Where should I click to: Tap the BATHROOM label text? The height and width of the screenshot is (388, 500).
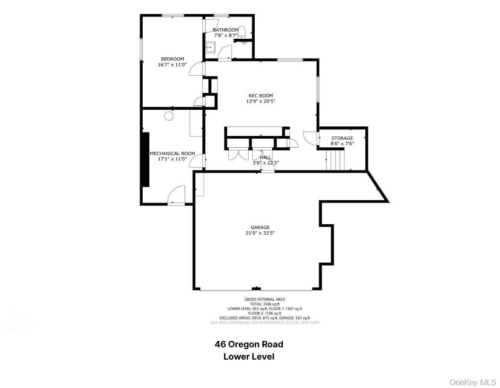(x=225, y=30)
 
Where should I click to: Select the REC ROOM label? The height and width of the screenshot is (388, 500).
(x=260, y=96)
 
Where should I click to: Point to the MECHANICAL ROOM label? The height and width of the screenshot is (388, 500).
(x=172, y=153)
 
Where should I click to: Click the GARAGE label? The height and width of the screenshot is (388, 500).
(x=260, y=227)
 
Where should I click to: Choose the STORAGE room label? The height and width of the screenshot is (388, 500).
(x=342, y=138)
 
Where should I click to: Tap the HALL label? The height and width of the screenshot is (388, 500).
(x=266, y=157)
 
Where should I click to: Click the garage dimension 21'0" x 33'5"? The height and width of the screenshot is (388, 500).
(x=260, y=233)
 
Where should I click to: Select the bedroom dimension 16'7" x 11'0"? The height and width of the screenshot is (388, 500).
(x=172, y=65)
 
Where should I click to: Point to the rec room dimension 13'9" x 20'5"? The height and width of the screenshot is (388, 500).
(x=260, y=101)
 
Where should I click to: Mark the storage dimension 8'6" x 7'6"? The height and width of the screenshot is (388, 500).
(x=342, y=144)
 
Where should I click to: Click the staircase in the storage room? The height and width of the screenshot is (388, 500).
(x=336, y=159)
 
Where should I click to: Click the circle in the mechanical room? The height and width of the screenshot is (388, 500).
(x=169, y=116)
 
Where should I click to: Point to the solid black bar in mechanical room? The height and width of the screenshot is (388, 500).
(x=146, y=159)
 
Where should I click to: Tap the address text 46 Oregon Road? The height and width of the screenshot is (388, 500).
(x=249, y=344)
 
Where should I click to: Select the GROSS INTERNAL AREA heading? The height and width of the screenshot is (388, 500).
(x=265, y=300)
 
